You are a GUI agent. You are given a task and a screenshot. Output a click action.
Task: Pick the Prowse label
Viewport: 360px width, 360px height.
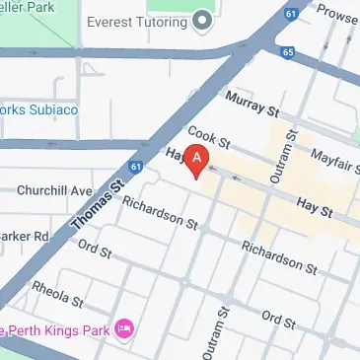pyautogui.click(x=336, y=16)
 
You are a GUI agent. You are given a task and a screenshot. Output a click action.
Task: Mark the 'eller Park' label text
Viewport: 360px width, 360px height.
pyautogui.click(x=28, y=7)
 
